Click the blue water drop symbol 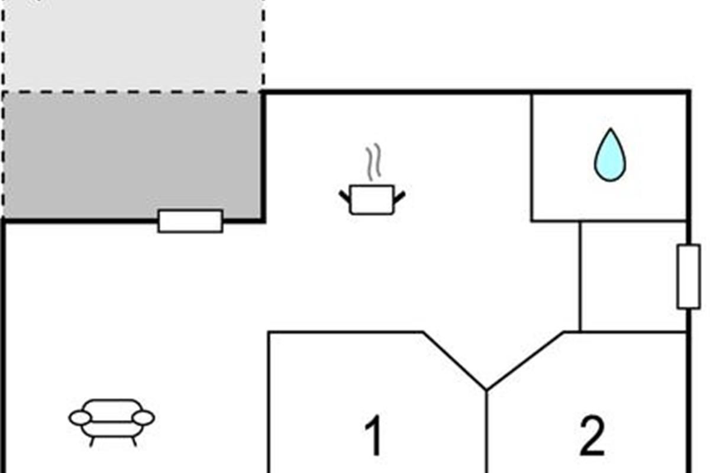[609, 156]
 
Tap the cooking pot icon [372, 199]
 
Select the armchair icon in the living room [112, 421]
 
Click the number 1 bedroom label [373, 436]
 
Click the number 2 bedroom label [592, 436]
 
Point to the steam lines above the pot [372, 163]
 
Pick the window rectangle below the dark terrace [191, 221]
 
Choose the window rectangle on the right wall [688, 276]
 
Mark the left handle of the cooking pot [345, 195]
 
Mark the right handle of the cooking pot [400, 195]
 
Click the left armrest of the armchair [80, 418]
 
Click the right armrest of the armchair [143, 418]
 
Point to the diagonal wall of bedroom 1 [454, 361]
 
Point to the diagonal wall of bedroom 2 [525, 361]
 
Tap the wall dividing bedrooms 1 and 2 [487, 432]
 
